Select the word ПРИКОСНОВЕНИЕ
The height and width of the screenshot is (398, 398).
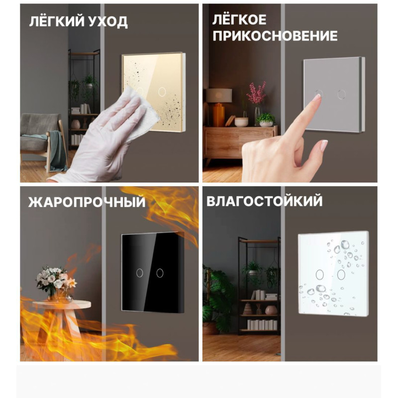pyautogui.click(x=275, y=35)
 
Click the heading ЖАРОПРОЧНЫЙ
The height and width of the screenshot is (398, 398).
pyautogui.click(x=87, y=202)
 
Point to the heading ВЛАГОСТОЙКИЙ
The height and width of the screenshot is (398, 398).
pyautogui.click(x=265, y=201)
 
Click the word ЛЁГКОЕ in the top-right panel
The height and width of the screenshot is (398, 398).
pyautogui.click(x=239, y=19)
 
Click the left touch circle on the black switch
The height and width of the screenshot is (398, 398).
pyautogui.click(x=140, y=273)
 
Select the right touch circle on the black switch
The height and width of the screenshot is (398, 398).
pyautogui.click(x=160, y=273)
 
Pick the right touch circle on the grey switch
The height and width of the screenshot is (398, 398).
pyautogui.click(x=341, y=94)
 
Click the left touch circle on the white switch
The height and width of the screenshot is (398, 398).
pyautogui.click(x=319, y=275)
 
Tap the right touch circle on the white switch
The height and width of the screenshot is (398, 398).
pyautogui.click(x=341, y=275)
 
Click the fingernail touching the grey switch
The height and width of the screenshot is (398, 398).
pyautogui.click(x=317, y=97)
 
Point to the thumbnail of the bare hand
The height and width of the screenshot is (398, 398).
pyautogui.click(x=324, y=145)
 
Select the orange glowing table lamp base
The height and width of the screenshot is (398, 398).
pyautogui.click(x=218, y=115)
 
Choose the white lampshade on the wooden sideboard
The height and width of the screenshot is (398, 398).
pyautogui.click(x=219, y=96)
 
